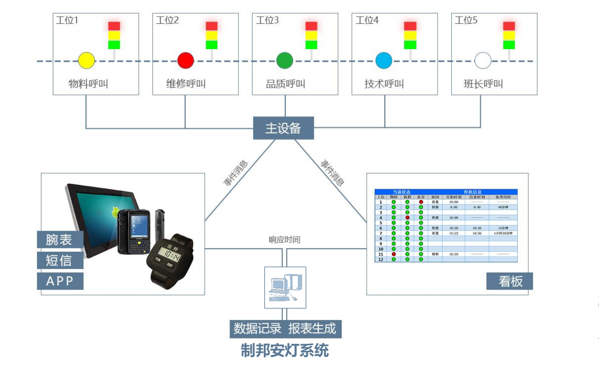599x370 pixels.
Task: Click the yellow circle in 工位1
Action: [x=87, y=60]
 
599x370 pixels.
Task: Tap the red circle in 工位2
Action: [x=186, y=60]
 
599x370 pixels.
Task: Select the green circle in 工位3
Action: [x=284, y=60]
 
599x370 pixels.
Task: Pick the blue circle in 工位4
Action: [x=384, y=60]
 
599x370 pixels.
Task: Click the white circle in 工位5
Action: [x=483, y=60]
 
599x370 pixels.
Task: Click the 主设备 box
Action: [x=283, y=128]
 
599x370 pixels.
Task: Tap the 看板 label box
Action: [x=510, y=282]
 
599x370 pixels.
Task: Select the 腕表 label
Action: [x=60, y=240]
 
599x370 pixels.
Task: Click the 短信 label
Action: [x=60, y=261]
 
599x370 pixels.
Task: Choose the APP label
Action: [x=60, y=281]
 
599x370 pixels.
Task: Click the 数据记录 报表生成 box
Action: [x=285, y=329]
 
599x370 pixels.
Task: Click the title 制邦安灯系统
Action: [x=285, y=350]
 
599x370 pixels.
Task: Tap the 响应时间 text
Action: [x=284, y=240]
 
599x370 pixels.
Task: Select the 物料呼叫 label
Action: [x=89, y=84]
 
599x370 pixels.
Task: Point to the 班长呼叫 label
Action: [x=484, y=84]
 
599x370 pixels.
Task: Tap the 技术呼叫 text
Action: [x=384, y=84]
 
